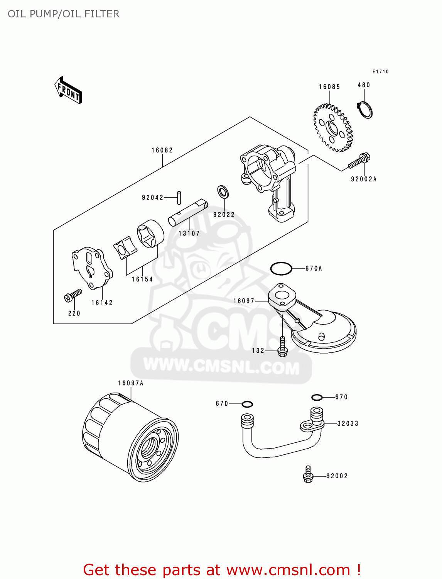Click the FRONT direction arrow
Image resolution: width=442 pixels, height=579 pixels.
pos(69,90)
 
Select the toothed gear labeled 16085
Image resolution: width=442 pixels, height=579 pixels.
pos(332,127)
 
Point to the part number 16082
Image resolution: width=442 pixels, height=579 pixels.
pos(162,150)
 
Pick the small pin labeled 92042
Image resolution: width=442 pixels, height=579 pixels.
pos(179,197)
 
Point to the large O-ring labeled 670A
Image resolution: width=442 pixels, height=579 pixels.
pos(281,268)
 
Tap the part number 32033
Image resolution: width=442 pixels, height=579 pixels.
pos(348,423)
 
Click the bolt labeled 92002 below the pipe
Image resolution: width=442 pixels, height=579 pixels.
pos(308,474)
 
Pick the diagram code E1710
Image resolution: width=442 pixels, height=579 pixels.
pos(380,71)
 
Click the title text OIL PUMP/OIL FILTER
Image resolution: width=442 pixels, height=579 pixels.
pos(64,14)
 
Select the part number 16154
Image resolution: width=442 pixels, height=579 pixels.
pos(142,279)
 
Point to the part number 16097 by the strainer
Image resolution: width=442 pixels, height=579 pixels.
pos(244,301)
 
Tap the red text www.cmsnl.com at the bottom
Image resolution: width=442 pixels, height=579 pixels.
pos(288,570)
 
